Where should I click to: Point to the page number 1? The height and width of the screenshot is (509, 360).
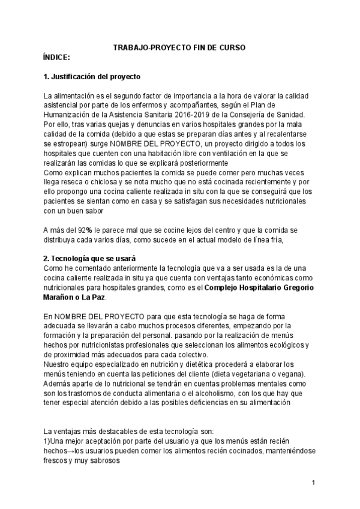click(x=313, y=483)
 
